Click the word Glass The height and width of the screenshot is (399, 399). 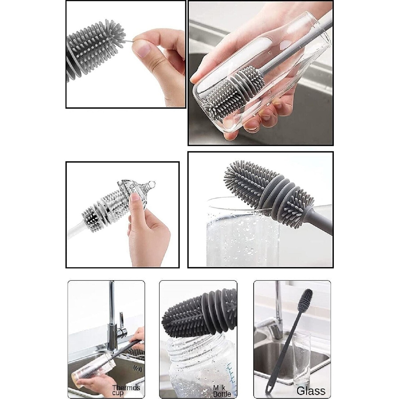pos(311,390)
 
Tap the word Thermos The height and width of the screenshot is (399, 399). pos(126,388)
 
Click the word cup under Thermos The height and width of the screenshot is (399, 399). pos(118,393)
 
